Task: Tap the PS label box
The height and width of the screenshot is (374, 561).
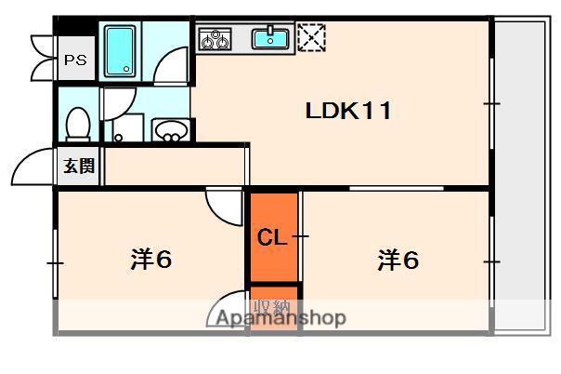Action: click(x=74, y=61)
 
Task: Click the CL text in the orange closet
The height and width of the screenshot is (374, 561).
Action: click(x=271, y=238)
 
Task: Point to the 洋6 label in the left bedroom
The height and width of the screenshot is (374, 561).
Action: click(x=150, y=260)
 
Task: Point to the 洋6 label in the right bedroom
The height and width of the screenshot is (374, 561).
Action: click(x=398, y=260)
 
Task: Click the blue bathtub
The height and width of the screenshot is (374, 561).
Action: click(x=119, y=52)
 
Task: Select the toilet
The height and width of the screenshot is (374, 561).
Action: click(x=78, y=123)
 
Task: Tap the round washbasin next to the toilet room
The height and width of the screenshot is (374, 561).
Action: click(x=169, y=131)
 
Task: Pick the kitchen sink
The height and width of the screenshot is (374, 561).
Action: click(x=271, y=39)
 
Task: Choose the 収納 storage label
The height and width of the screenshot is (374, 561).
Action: click(x=274, y=307)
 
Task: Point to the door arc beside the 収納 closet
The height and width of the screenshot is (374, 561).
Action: click(x=228, y=310)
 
